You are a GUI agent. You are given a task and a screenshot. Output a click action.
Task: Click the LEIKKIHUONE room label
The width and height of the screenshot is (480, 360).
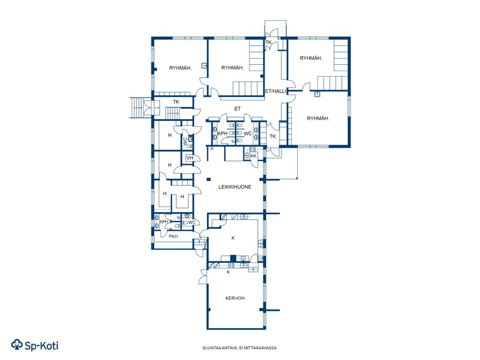(x=235, y=187)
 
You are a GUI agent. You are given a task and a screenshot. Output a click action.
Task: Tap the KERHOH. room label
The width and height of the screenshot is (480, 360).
(x=235, y=298)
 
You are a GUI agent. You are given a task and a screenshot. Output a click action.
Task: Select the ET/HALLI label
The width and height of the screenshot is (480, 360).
(x=276, y=91)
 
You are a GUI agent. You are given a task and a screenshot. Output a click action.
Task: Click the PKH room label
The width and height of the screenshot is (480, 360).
(x=173, y=236)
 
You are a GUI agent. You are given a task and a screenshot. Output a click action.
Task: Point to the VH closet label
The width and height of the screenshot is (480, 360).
(x=190, y=158)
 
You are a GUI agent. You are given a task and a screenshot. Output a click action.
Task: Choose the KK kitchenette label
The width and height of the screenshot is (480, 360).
(x=253, y=156)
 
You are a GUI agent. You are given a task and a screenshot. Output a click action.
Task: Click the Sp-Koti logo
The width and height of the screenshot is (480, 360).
(x=35, y=345)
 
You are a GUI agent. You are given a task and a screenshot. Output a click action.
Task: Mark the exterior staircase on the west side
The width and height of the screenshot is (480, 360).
(x=137, y=107)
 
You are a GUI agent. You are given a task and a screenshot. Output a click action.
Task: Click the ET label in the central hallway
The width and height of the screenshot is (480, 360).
(x=238, y=109)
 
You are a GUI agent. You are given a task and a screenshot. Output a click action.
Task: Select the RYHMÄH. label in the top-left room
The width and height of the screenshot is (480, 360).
(x=180, y=68)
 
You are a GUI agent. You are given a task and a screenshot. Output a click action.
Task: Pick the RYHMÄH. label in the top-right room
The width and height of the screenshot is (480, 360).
(x=311, y=58)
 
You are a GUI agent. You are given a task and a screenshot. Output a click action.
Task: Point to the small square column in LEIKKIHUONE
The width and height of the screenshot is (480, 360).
(x=209, y=180)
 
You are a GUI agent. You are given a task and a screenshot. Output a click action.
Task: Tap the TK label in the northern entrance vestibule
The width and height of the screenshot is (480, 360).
(x=269, y=43)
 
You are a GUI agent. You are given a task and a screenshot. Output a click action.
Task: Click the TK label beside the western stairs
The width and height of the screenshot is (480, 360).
(x=176, y=102)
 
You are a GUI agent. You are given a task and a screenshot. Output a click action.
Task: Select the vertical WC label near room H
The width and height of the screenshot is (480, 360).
(x=185, y=141)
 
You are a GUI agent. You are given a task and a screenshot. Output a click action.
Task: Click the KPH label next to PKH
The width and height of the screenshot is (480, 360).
(x=164, y=222)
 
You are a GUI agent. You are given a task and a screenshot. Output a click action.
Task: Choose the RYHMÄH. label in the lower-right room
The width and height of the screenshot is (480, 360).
(x=318, y=119)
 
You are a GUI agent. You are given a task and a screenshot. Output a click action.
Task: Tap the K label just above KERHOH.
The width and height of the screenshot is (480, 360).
(x=228, y=272)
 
